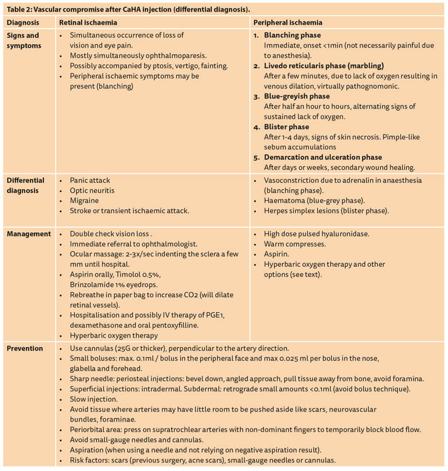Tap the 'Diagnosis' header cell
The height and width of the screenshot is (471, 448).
(23, 22)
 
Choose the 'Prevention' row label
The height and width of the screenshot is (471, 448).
(25, 348)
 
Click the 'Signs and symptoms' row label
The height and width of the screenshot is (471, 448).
(24, 40)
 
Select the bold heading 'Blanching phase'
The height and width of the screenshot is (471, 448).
(292, 36)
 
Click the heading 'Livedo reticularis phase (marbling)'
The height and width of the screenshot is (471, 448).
(324, 66)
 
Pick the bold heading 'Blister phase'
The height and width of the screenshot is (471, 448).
(287, 127)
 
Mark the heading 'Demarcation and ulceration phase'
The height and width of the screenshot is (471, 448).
(323, 157)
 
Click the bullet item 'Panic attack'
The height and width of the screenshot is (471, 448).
(90, 180)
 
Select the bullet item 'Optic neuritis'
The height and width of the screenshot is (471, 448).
(93, 190)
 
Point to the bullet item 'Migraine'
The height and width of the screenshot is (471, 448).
(84, 201)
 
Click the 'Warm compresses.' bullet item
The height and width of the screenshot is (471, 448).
(295, 244)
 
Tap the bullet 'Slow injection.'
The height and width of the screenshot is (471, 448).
(94, 399)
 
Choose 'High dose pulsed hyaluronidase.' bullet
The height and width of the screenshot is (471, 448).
(316, 234)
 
